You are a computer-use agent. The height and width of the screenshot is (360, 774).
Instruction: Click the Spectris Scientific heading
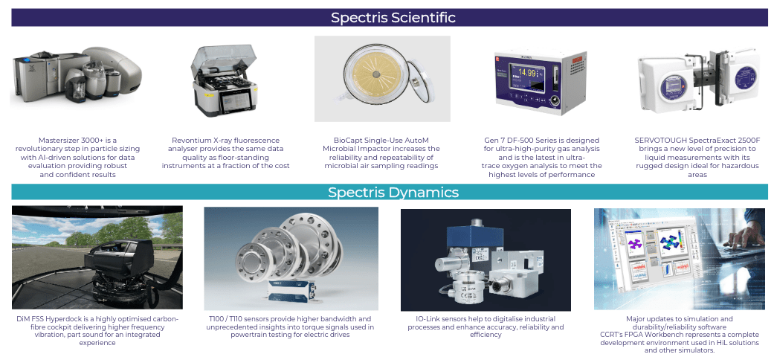point(393,17)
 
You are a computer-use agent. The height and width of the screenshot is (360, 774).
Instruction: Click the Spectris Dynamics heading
point(393,193)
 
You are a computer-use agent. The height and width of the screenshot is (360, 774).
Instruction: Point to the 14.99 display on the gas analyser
point(528,73)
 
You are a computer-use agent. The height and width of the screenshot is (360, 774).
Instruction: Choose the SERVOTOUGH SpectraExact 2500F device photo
point(696,78)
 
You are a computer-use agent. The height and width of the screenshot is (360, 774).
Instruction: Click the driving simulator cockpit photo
point(97,257)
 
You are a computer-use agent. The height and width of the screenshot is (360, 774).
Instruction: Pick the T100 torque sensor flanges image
point(291,257)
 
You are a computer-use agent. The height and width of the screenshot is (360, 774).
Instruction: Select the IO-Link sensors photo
point(486,257)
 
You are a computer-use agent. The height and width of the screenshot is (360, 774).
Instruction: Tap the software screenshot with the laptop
point(680,257)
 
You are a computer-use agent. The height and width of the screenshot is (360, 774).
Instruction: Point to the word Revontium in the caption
point(195,140)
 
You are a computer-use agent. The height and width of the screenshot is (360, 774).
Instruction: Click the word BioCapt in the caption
point(350,140)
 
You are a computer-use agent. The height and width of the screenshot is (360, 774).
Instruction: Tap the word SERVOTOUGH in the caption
point(664,140)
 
